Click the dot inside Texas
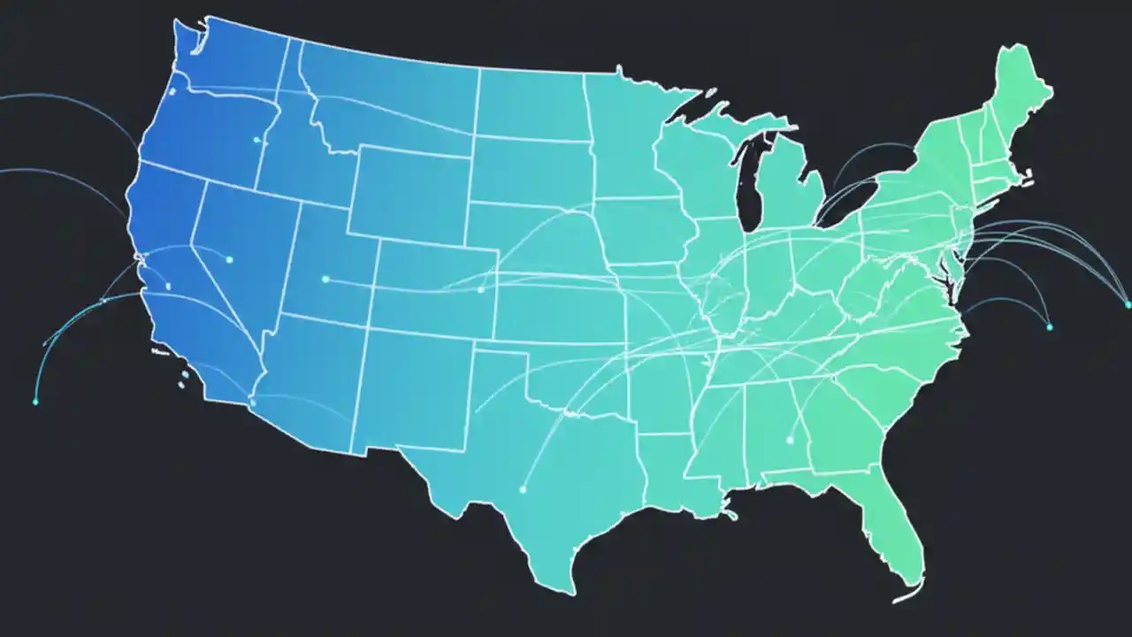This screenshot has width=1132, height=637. (523, 488)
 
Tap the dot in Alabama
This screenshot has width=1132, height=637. (789, 440)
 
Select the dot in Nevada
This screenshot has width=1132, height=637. (229, 259)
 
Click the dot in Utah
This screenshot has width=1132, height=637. (325, 280)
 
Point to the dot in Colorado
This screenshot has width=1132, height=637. (480, 289)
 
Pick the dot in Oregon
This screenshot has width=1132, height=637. (256, 140)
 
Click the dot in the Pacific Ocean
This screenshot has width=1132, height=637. (35, 402)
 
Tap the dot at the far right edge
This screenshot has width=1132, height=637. (1128, 304)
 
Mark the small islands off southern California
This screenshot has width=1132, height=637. (184, 380)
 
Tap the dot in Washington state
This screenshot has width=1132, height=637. (172, 90)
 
